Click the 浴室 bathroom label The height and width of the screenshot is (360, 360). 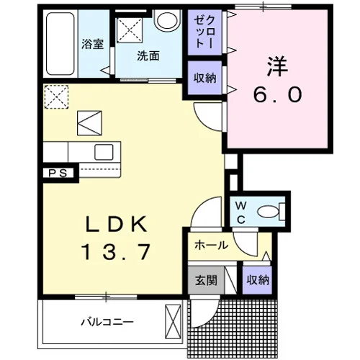coord(92,44)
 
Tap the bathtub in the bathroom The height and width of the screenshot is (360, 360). coord(60,44)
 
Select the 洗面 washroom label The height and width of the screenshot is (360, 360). coord(148,56)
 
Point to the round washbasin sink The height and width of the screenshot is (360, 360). coord(167,20)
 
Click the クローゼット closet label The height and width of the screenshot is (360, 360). coord(204,32)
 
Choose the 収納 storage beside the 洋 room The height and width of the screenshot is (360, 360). coord(204,78)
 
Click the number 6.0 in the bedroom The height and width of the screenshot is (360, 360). coord(277,94)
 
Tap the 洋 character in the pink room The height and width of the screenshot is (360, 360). coord(277,66)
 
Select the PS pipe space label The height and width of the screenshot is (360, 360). coord(58,173)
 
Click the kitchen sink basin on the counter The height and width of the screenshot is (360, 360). coord(104,152)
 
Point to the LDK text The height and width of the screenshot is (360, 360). coord(116,224)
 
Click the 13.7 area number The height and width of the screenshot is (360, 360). coord(116,251)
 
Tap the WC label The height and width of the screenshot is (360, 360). coord(240,212)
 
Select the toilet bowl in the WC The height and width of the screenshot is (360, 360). coord(269,212)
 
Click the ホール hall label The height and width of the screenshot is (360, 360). coord(211,246)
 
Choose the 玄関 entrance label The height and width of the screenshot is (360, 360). coord(206,280)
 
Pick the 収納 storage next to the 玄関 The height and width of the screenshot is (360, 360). coord(258,280)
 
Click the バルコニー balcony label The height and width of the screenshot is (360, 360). coord(107,322)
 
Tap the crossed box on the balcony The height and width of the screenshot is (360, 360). coord(173,322)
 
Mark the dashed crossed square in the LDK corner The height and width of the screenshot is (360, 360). coord(56,96)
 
